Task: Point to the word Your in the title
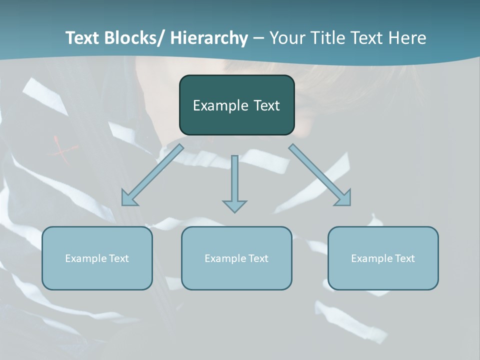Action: click(286, 38)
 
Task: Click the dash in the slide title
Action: click(258, 38)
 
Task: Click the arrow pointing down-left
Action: click(152, 175)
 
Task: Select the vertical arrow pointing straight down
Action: click(234, 180)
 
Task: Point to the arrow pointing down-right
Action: click(320, 175)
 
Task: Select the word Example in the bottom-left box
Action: click(85, 258)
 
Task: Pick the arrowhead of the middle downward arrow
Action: click(234, 206)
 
